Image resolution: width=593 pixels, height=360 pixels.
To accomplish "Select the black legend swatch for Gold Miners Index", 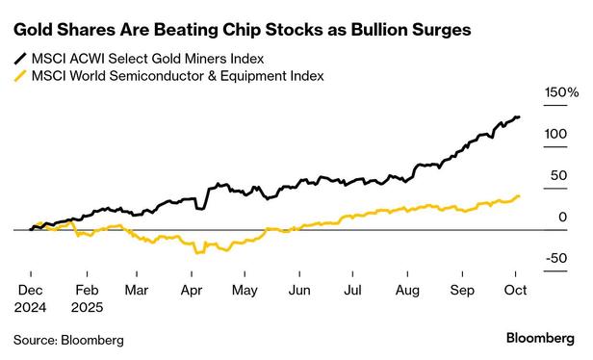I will (19, 57).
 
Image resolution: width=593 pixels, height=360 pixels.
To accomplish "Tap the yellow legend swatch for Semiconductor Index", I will (19, 75).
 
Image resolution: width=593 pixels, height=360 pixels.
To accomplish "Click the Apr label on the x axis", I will (192, 288).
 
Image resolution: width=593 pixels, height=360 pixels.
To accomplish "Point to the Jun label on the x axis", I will (300, 288).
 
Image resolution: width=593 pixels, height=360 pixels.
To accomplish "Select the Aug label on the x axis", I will (408, 288).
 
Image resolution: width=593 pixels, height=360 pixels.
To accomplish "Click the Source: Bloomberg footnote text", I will (68, 340).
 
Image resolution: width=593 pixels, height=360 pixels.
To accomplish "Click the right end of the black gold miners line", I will (520, 117).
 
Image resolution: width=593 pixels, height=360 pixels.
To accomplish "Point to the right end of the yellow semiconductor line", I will (520, 195).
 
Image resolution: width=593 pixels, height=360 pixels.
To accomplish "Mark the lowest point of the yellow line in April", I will (197, 252).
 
